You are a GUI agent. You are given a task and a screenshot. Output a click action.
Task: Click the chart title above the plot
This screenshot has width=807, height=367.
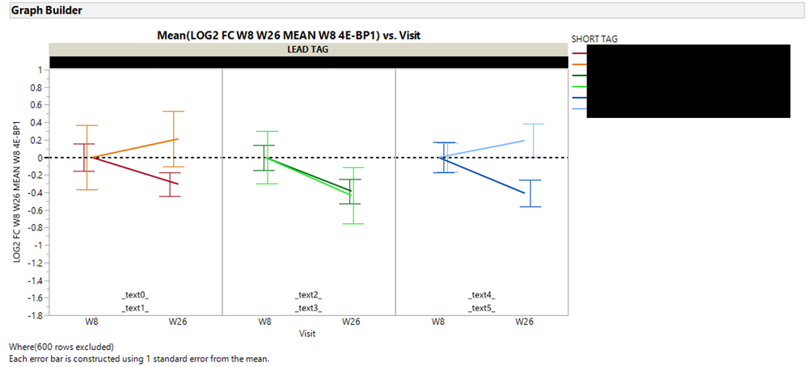coord(289,36)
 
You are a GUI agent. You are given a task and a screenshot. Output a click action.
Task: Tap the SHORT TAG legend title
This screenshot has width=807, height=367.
coord(594,38)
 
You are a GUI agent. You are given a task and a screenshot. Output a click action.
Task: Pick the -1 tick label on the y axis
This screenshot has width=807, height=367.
coord(36,245)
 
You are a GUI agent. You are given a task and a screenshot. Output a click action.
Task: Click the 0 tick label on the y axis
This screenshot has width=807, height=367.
coord(38,158)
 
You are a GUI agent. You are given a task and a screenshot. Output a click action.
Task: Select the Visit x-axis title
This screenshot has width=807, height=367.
coord(307,333)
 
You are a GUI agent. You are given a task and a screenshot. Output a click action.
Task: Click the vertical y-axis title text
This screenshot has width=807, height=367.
coord(17,191)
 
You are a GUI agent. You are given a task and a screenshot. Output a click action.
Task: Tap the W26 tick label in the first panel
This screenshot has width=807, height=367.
coord(178,322)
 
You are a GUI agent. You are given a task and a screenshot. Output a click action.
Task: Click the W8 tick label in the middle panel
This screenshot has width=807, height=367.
coord(265,322)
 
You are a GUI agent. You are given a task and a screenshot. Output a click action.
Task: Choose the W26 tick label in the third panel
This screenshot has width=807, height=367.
coord(525,322)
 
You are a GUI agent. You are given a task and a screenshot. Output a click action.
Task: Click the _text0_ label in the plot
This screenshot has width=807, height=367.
coord(135,295)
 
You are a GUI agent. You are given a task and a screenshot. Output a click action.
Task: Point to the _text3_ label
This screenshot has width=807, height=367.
coord(308,307)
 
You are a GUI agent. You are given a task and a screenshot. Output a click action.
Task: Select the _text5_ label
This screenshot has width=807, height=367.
coord(481,307)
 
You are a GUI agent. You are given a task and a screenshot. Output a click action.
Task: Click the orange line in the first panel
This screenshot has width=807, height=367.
coord(134,148)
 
